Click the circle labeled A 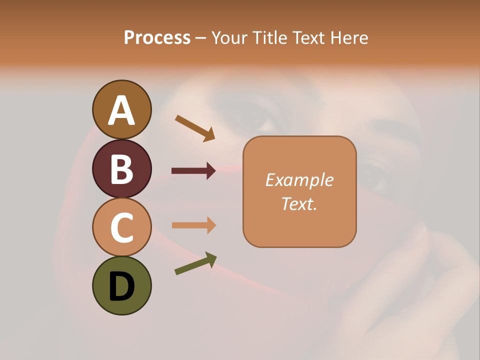121,109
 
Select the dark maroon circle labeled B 121,168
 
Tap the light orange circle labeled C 121,227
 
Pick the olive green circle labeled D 121,285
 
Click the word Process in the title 157,37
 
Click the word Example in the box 299,180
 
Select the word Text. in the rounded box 299,203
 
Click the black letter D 121,286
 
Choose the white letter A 121,111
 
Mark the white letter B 121,169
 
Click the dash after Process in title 201,38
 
